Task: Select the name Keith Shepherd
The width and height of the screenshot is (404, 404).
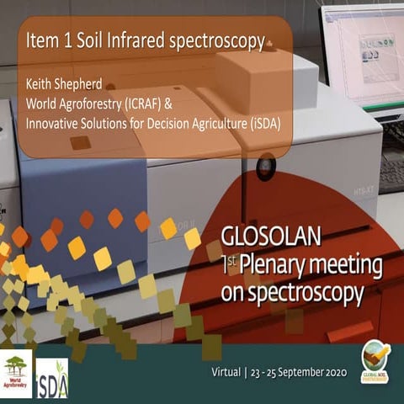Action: pyautogui.click(x=66, y=83)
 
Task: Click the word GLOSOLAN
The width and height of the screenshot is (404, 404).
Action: pyautogui.click(x=268, y=235)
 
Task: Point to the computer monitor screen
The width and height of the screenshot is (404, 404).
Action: pyautogui.click(x=363, y=52)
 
